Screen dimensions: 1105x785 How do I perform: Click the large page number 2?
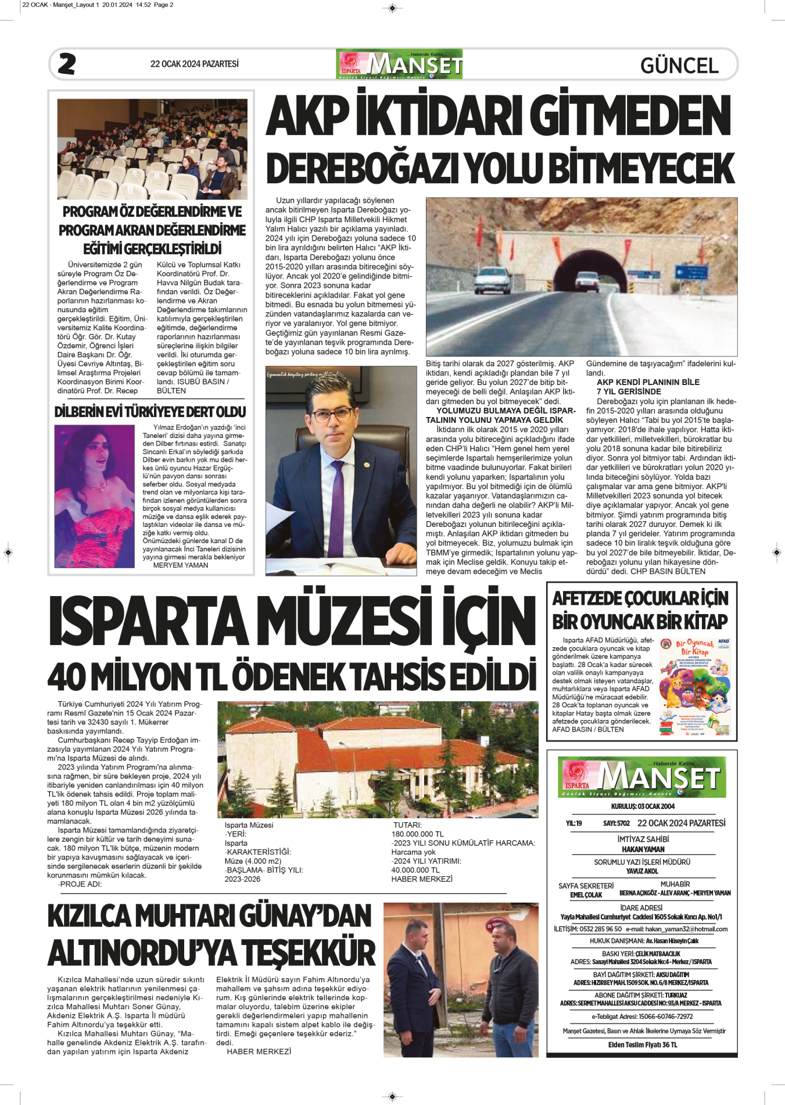coord(67,64)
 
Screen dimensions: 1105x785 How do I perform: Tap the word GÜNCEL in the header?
coord(679,65)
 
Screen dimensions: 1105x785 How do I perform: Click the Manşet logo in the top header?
coord(399,64)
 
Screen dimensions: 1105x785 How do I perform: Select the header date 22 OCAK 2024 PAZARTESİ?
coord(194,64)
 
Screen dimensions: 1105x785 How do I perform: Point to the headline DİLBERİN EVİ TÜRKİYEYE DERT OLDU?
coord(150,412)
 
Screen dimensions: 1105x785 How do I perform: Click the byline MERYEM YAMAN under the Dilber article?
coord(180,565)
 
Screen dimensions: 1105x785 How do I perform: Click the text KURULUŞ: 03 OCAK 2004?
coord(642,806)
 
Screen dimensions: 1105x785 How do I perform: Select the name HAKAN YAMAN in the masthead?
coord(643,849)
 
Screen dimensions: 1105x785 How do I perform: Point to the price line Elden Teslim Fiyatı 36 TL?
coord(642,1061)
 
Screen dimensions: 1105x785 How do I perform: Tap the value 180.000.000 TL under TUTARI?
coord(417,834)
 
